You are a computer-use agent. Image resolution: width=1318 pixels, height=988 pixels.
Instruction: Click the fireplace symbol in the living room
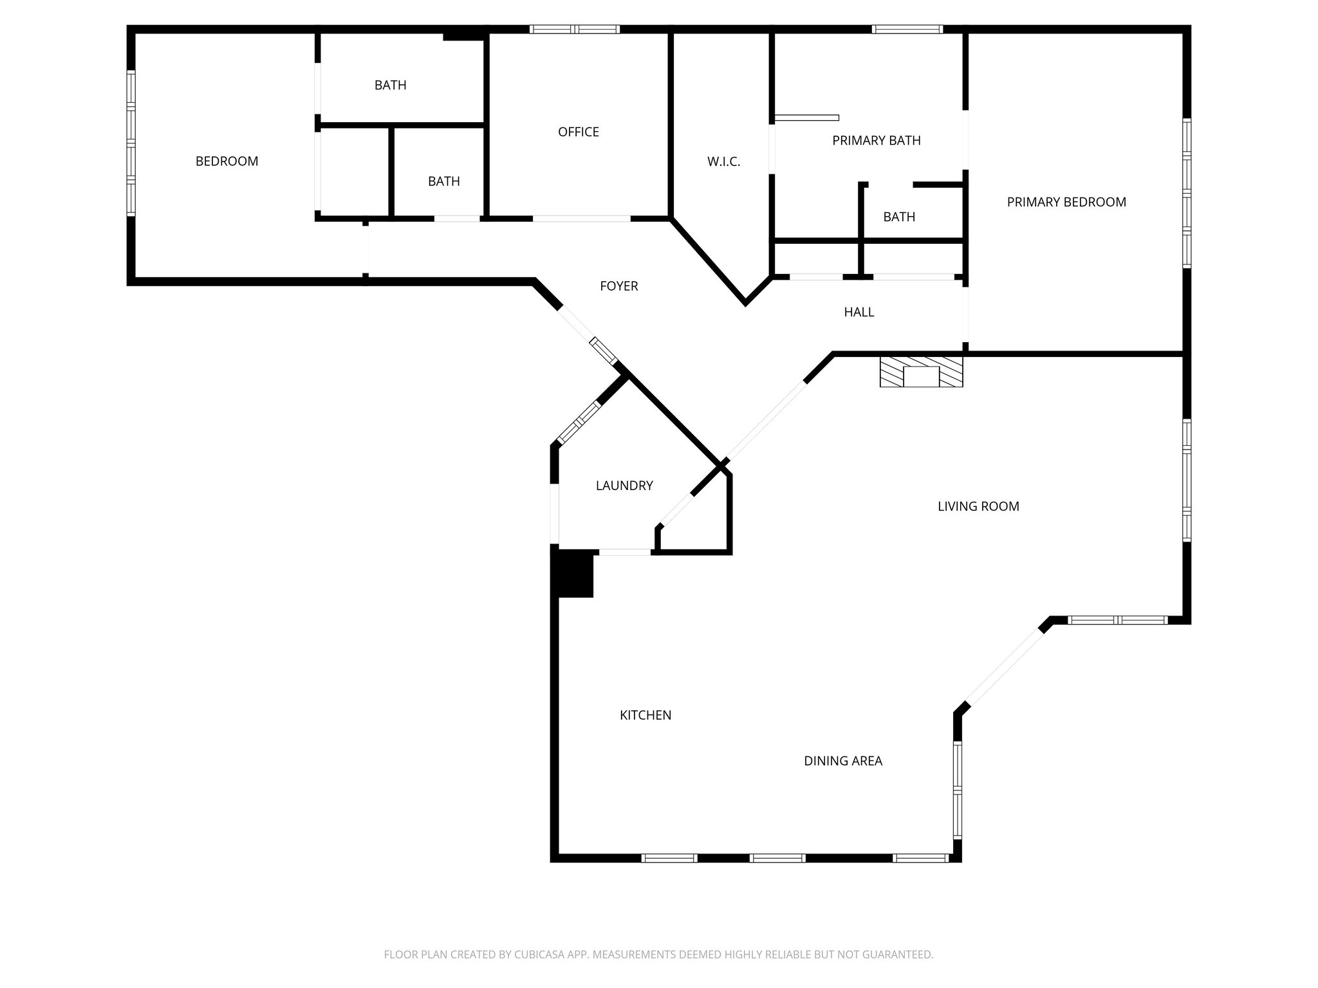coord(921,372)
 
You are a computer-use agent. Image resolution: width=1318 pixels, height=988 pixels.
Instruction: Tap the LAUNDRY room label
coord(624,486)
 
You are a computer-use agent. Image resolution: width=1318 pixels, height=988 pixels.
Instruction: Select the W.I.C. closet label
coord(723,162)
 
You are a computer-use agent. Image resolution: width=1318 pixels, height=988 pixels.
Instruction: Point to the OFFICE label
coord(578,132)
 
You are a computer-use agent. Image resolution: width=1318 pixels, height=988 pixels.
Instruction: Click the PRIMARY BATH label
coord(876,140)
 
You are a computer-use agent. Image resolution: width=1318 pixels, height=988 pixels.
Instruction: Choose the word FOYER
coord(618,286)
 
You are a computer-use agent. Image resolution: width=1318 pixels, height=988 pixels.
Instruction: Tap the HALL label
coord(859,312)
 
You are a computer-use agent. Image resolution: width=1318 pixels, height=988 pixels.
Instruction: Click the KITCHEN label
coord(645,715)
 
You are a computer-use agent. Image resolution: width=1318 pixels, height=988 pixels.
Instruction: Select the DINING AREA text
coord(842,761)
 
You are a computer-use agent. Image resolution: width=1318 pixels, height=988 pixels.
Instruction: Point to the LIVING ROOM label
coord(978,506)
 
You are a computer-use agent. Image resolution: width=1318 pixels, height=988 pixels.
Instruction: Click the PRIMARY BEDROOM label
coord(1066,202)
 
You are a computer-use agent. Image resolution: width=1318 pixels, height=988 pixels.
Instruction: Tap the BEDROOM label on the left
coord(227,161)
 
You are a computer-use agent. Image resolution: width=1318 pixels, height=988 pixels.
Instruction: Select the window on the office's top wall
coord(574,29)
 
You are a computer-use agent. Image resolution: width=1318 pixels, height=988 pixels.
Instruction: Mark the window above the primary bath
coord(907,29)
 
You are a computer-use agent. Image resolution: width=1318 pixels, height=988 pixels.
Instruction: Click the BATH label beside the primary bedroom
coord(898,217)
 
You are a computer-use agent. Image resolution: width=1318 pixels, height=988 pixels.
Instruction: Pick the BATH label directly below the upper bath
coord(443,181)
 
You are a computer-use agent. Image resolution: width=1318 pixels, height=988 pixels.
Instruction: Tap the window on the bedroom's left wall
coord(131,142)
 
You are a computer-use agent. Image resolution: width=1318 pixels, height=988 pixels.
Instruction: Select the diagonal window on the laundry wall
coord(577,423)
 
